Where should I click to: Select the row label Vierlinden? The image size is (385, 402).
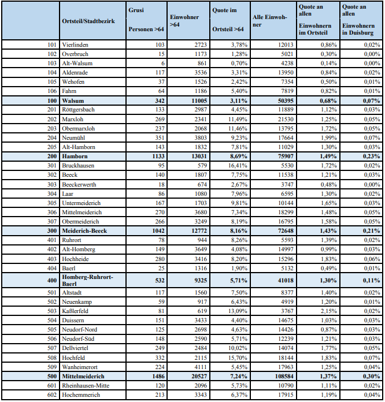[75, 44]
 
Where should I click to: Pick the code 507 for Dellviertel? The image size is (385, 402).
[52, 348]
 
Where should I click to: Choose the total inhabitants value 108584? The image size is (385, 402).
[275, 377]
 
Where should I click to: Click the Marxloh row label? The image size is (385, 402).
[73, 119]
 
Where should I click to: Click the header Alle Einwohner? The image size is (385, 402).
[270, 21]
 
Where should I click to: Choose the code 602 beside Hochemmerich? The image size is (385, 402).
[52, 395]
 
